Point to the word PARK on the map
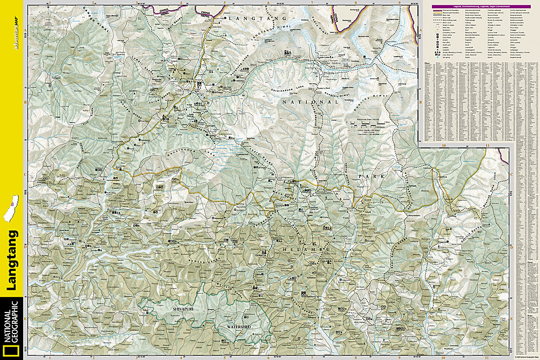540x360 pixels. click(370, 176)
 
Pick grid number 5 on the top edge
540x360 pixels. click(224, 3)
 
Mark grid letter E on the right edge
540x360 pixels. click(511, 318)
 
